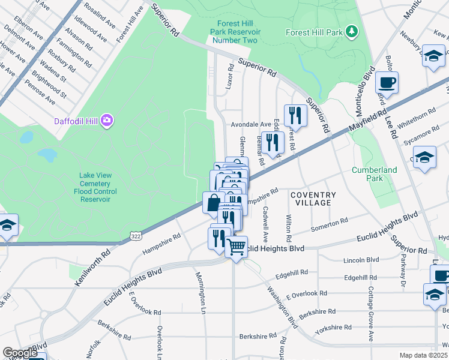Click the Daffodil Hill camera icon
click(107, 121)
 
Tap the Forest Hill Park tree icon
click(352, 31)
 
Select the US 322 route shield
click(137, 238)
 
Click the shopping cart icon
click(237, 245)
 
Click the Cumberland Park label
click(375, 174)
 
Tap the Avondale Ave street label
click(252, 124)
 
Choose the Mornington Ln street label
click(202, 292)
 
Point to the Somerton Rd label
click(330, 225)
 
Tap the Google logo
click(19, 353)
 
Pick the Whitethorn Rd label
click(419, 115)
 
